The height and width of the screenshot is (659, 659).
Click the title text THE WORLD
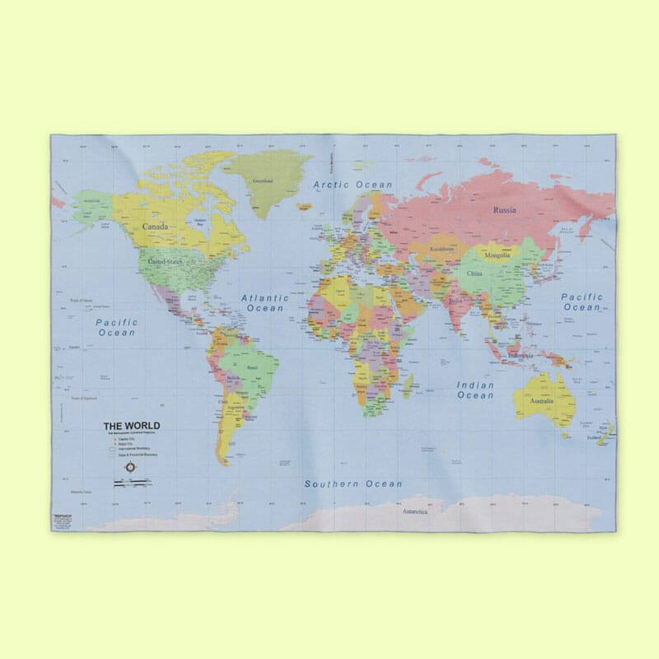132,426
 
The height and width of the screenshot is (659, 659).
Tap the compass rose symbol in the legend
131,467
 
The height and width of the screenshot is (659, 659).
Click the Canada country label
155,226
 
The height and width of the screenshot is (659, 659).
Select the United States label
163,262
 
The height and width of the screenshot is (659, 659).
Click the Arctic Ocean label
353,185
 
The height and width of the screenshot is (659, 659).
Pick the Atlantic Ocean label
264,302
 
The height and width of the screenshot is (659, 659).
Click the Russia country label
505,210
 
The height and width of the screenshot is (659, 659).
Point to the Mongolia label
497,255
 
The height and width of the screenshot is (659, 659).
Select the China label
474,273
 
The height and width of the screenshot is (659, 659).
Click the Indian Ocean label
476,390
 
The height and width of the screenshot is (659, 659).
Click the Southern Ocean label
353,484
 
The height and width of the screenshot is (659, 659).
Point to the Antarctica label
414,512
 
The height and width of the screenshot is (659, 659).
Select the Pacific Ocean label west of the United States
116,327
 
